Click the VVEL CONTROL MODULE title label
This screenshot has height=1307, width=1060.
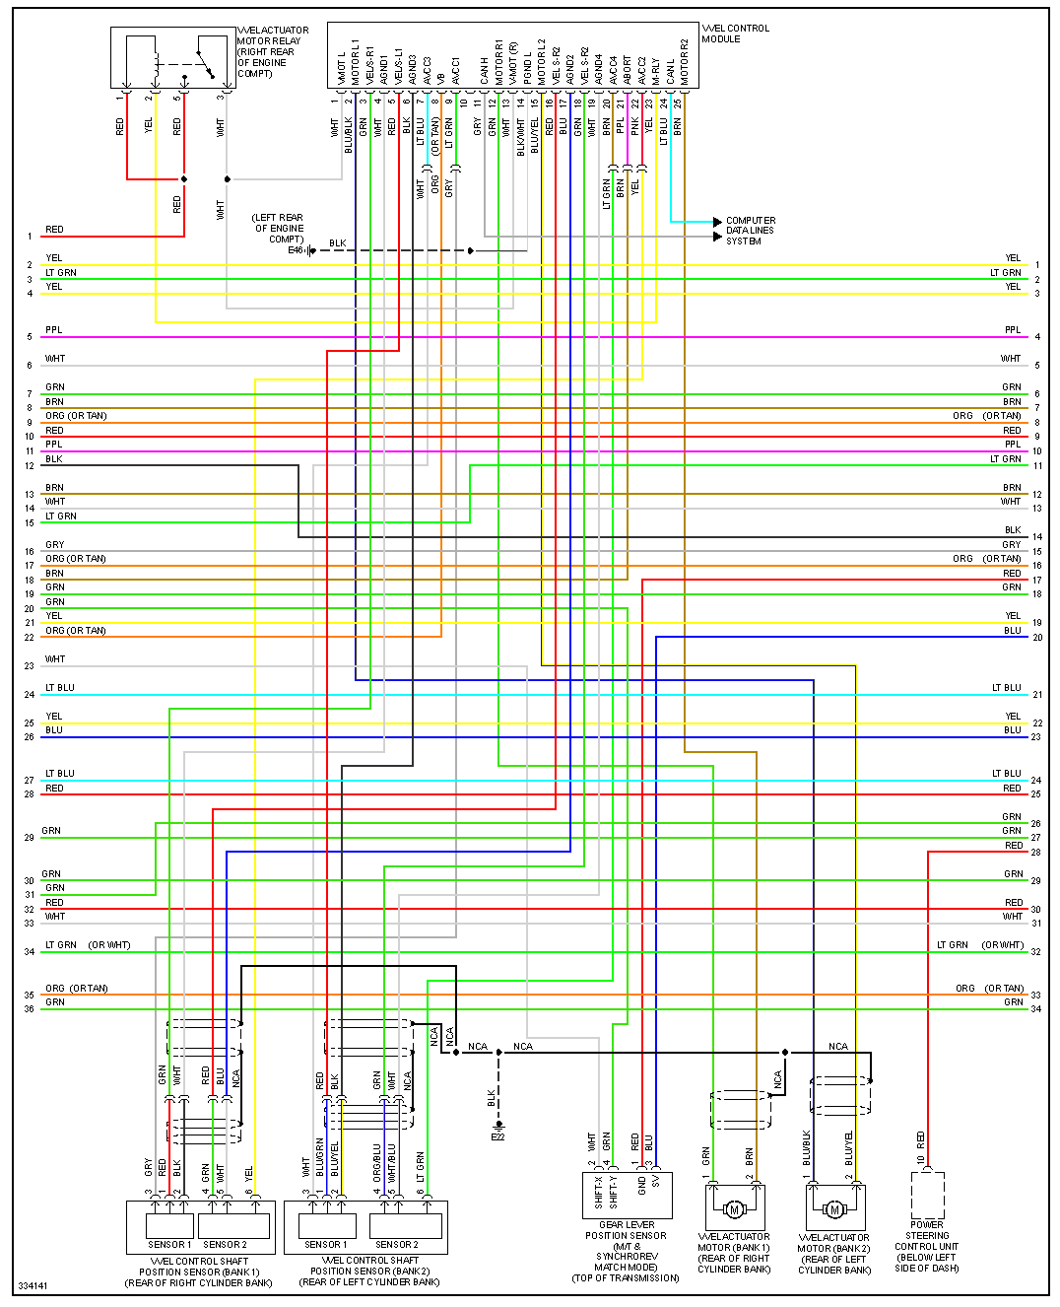[735, 34]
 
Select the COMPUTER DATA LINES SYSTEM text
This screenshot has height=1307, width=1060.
[750, 231]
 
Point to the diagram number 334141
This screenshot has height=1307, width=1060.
[33, 1285]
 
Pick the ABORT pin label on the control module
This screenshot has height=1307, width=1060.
[628, 69]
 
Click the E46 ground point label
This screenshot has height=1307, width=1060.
[296, 250]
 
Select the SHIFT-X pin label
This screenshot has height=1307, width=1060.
[598, 1192]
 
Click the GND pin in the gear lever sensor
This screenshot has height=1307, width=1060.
[641, 1185]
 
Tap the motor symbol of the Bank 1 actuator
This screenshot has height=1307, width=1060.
[734, 1209]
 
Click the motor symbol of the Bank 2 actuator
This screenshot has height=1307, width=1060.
[834, 1209]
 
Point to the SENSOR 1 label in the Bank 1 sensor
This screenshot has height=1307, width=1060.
[169, 1244]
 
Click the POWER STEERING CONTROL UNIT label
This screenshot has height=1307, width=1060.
[927, 1246]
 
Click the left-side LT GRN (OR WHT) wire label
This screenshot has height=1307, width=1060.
[88, 945]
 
